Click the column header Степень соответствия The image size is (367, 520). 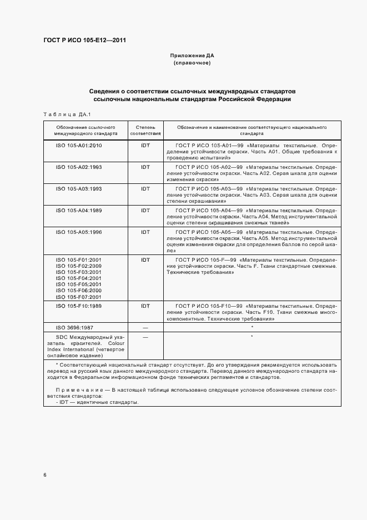[x=145, y=130]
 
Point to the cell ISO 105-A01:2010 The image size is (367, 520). [x=78, y=145]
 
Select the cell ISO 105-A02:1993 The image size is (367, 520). [x=78, y=167]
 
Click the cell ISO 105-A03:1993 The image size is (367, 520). [x=78, y=189]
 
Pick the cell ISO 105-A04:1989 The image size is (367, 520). [x=78, y=211]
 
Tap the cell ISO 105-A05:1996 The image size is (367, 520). [x=78, y=232]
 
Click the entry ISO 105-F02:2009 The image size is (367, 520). [x=78, y=266]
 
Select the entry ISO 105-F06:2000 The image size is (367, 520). [x=78, y=291]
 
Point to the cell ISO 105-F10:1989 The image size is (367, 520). [x=78, y=306]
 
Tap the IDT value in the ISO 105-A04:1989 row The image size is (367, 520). [x=145, y=211]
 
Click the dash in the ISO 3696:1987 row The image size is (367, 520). [x=145, y=328]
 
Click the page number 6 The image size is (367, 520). [x=45, y=475]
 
